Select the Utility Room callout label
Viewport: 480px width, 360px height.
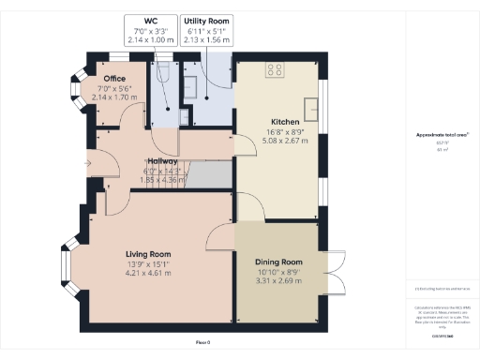pos(205,29)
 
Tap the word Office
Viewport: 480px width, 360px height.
pos(115,79)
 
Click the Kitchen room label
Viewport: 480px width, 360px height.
pos(284,123)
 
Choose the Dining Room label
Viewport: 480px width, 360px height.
pos(279,262)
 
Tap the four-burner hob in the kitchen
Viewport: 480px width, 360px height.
pos(277,68)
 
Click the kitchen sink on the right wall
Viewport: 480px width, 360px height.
pos(318,94)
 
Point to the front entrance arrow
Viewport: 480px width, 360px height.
pos(86,163)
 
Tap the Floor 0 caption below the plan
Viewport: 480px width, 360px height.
pos(203,342)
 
